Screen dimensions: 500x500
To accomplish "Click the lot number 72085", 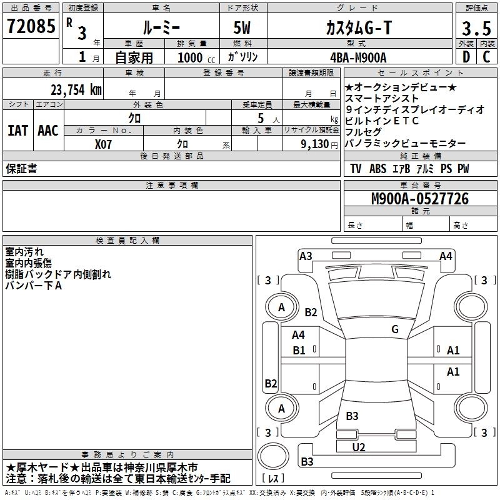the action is click(x=31, y=27).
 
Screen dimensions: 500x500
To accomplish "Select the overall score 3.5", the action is click(x=475, y=28).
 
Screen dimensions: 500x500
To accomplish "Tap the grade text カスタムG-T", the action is click(x=357, y=27).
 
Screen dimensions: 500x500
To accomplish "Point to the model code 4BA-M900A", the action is click(x=358, y=57).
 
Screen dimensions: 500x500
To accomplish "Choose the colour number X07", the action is click(x=104, y=143).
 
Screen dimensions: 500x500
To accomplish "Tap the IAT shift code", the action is click(x=17, y=131).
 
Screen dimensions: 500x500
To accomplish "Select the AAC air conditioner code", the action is click(x=48, y=131).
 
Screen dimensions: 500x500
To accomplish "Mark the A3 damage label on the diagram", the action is click(x=306, y=255).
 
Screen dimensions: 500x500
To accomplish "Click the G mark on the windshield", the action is click(x=395, y=329).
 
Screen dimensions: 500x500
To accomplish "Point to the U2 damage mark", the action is click(x=359, y=447).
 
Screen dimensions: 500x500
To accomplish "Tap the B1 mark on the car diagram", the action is click(x=299, y=351).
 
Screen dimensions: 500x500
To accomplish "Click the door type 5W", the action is click(x=242, y=27).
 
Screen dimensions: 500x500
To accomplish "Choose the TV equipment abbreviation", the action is click(x=356, y=169).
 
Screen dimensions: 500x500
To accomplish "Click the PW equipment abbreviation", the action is click(x=462, y=169).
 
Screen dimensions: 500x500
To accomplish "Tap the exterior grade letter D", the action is click(x=465, y=57).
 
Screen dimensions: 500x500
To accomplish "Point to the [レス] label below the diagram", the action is click(x=274, y=479).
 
